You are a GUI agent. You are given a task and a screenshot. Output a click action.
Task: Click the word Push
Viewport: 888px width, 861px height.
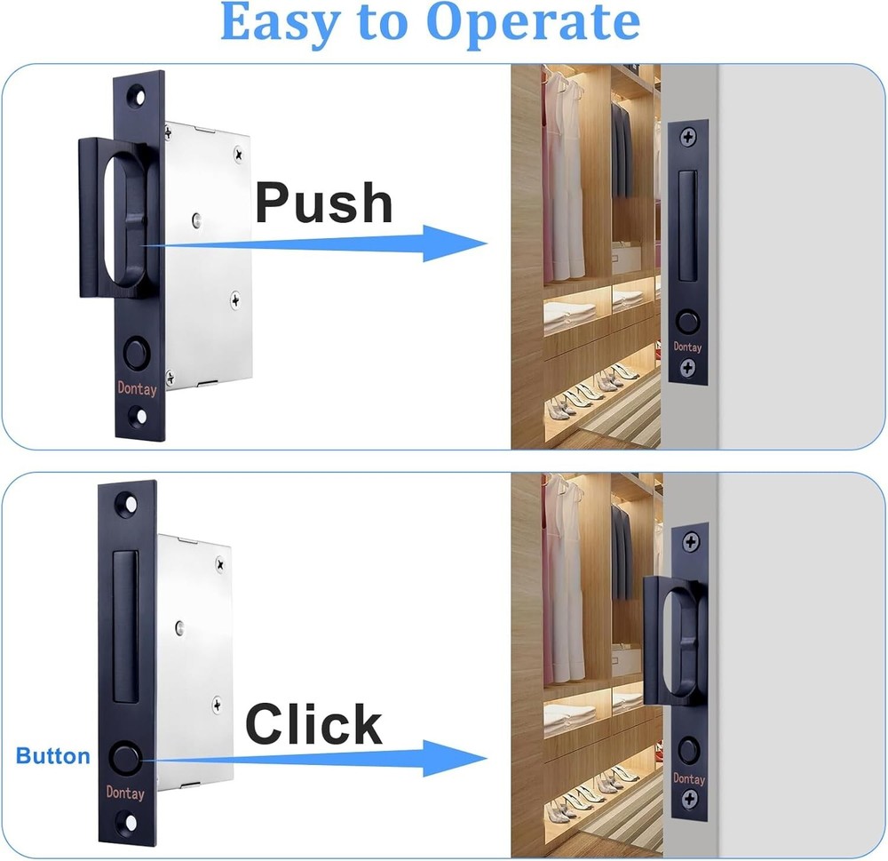pyautogui.click(x=323, y=203)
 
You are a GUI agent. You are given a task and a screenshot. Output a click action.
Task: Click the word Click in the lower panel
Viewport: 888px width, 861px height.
pyautogui.click(x=313, y=724)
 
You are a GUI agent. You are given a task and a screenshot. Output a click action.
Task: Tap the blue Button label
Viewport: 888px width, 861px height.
pyautogui.click(x=53, y=756)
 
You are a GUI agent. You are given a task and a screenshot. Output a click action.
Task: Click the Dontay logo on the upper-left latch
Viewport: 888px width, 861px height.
pyautogui.click(x=137, y=387)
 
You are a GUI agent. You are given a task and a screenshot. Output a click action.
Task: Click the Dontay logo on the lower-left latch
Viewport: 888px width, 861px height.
pyautogui.click(x=125, y=793)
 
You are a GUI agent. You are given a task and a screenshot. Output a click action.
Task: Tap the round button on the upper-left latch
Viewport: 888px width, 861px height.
pyautogui.click(x=137, y=353)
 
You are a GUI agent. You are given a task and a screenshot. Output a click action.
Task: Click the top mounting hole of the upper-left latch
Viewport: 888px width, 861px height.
pyautogui.click(x=138, y=92)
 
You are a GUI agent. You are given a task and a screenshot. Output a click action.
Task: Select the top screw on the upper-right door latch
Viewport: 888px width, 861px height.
pyautogui.click(x=688, y=138)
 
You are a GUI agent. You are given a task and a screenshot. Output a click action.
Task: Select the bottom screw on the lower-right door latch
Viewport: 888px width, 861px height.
pyautogui.click(x=689, y=799)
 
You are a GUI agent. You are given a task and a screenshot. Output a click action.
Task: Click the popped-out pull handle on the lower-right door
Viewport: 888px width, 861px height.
pyautogui.click(x=672, y=640)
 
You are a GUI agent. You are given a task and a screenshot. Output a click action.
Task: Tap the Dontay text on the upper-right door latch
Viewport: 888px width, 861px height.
pyautogui.click(x=687, y=347)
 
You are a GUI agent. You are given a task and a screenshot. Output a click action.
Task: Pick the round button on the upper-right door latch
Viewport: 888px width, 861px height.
pyautogui.click(x=687, y=322)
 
